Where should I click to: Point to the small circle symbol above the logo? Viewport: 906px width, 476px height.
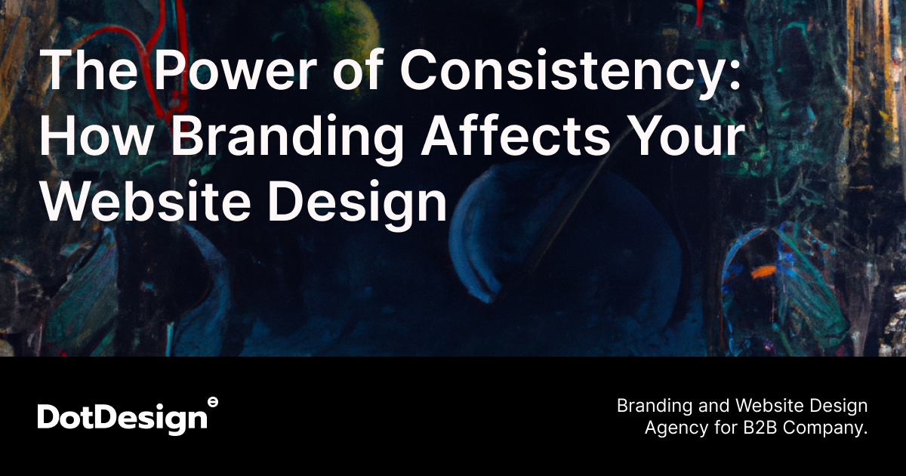pos(213,402)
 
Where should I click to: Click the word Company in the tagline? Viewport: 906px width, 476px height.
pos(827,428)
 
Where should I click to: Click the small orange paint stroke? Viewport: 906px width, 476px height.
pos(763,269)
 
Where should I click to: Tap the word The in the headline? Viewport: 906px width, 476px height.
pos(83,73)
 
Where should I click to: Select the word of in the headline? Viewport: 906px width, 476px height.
pos(356,73)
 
